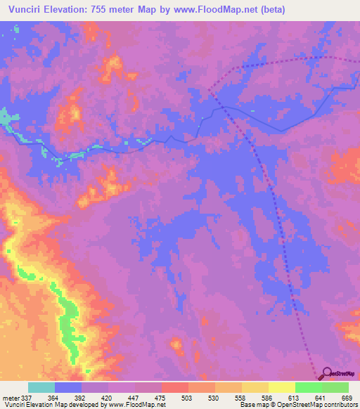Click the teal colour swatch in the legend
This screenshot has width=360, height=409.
click(x=41, y=388)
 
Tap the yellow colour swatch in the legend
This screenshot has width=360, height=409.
click(x=281, y=388)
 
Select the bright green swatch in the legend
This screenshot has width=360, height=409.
click(x=309, y=388)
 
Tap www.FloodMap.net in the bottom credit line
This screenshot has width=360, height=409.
click(x=140, y=405)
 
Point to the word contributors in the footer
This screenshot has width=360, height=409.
click(x=340, y=405)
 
